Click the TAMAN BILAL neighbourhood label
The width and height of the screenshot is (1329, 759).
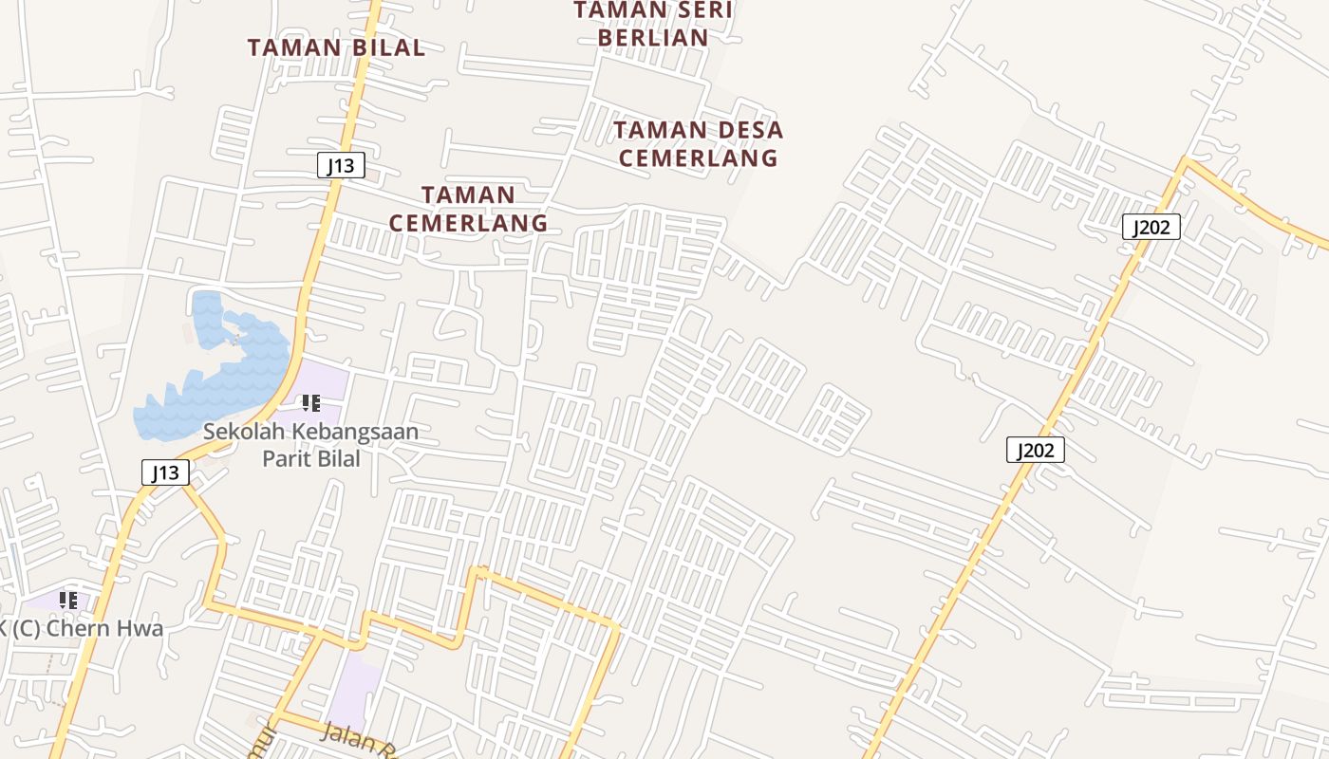(x=336, y=47)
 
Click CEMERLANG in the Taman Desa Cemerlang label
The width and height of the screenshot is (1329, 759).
(x=698, y=157)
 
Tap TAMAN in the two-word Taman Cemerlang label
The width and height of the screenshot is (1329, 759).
(x=468, y=195)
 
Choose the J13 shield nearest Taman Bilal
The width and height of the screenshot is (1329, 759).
(x=340, y=166)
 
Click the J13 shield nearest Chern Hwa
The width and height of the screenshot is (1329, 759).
(x=165, y=472)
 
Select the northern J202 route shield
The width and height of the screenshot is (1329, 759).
(x=1151, y=227)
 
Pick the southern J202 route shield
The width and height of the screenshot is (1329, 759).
(x=1035, y=450)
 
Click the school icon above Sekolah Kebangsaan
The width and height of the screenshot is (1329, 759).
(x=310, y=403)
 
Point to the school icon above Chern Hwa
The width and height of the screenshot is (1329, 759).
(x=68, y=600)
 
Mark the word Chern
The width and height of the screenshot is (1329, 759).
(x=74, y=628)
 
